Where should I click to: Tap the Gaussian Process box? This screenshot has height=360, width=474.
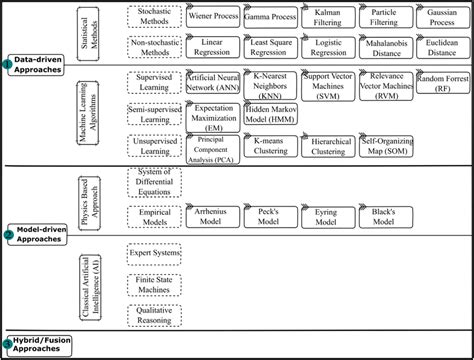[442, 18]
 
